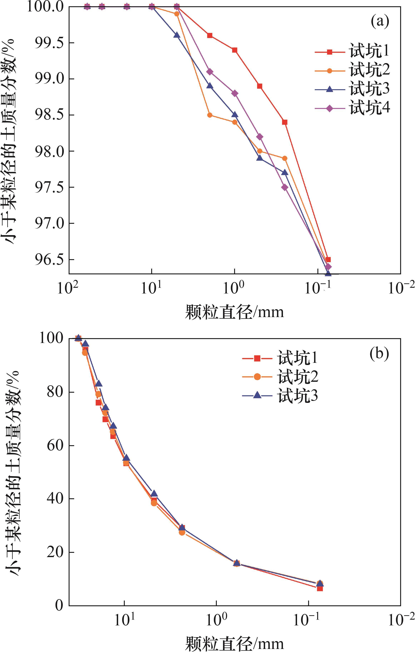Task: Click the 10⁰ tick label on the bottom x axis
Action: point(216,619)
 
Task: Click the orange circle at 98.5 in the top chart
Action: point(209,115)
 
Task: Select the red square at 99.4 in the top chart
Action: point(234,50)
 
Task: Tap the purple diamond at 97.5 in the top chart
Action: point(285,187)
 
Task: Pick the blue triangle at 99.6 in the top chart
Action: point(177,35)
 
